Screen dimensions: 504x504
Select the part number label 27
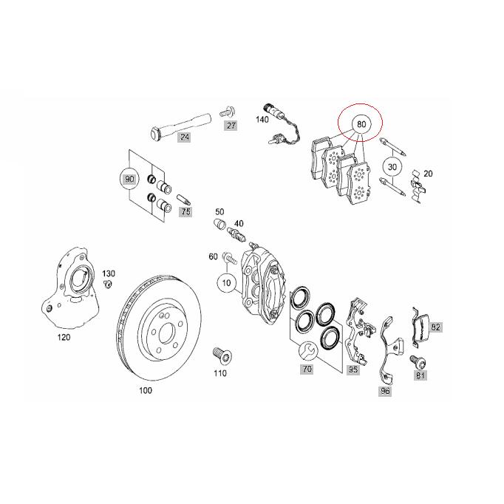click(x=231, y=126)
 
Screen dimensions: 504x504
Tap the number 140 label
click(x=262, y=119)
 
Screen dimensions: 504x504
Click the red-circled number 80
click(x=361, y=124)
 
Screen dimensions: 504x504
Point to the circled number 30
click(x=392, y=167)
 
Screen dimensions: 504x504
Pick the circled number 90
click(x=129, y=180)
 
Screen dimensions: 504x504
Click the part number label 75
click(x=185, y=211)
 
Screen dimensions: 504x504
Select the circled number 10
click(x=226, y=283)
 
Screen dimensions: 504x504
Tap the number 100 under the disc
click(x=146, y=389)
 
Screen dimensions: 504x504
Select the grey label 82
click(x=436, y=327)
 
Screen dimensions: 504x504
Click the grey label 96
click(x=385, y=390)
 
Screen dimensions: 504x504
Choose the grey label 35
click(x=353, y=368)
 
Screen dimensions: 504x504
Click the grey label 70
click(x=305, y=367)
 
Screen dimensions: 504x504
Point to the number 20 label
click(x=428, y=174)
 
